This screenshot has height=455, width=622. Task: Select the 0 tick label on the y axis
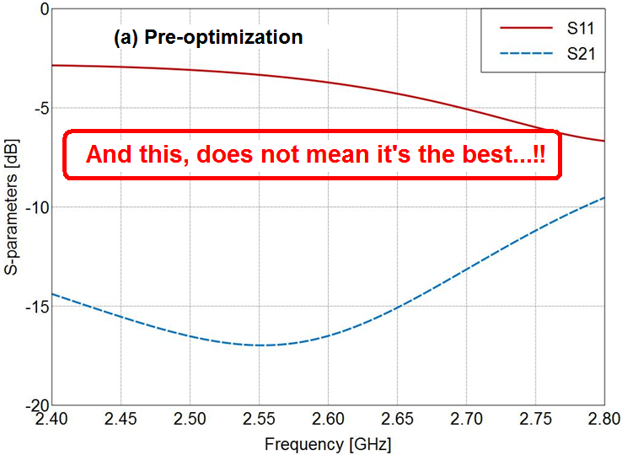coord(40,9)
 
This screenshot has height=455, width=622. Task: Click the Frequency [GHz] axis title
coord(328,442)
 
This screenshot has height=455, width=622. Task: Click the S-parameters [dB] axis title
coord(11,206)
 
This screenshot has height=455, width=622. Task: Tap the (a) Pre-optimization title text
coord(207,38)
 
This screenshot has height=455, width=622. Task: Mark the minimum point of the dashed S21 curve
coord(261,345)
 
